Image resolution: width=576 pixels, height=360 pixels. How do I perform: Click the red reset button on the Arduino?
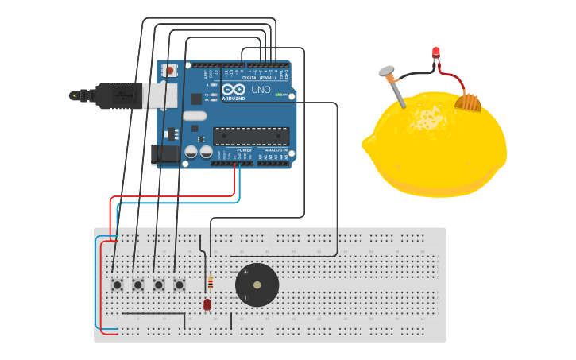point(169,71)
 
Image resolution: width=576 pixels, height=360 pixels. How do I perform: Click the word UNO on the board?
point(261,91)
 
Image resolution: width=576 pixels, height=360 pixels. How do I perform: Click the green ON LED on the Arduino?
point(279,95)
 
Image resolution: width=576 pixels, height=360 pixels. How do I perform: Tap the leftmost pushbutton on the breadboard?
point(117,284)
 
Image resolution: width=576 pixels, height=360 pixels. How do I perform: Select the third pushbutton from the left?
point(158,284)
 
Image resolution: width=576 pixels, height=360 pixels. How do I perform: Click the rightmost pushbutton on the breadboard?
point(179,284)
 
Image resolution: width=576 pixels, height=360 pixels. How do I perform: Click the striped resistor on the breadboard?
point(210,283)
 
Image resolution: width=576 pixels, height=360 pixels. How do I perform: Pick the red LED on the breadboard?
point(207,304)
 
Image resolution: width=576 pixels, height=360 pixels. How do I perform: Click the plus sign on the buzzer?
point(245,273)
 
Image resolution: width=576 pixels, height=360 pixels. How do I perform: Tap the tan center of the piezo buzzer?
point(257,285)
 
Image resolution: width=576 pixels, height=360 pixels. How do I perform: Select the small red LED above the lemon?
point(435,52)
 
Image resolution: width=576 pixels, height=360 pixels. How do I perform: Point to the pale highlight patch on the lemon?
point(429,118)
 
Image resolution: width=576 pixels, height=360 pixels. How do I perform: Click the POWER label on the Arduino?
point(244,149)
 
